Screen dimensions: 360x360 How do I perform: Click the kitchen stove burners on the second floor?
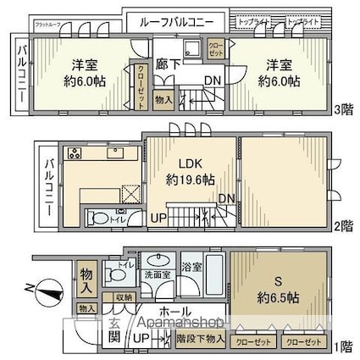click(x=72, y=154)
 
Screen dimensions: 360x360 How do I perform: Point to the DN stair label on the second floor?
click(x=226, y=198)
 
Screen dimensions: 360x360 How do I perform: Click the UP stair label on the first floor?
click(x=142, y=341)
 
